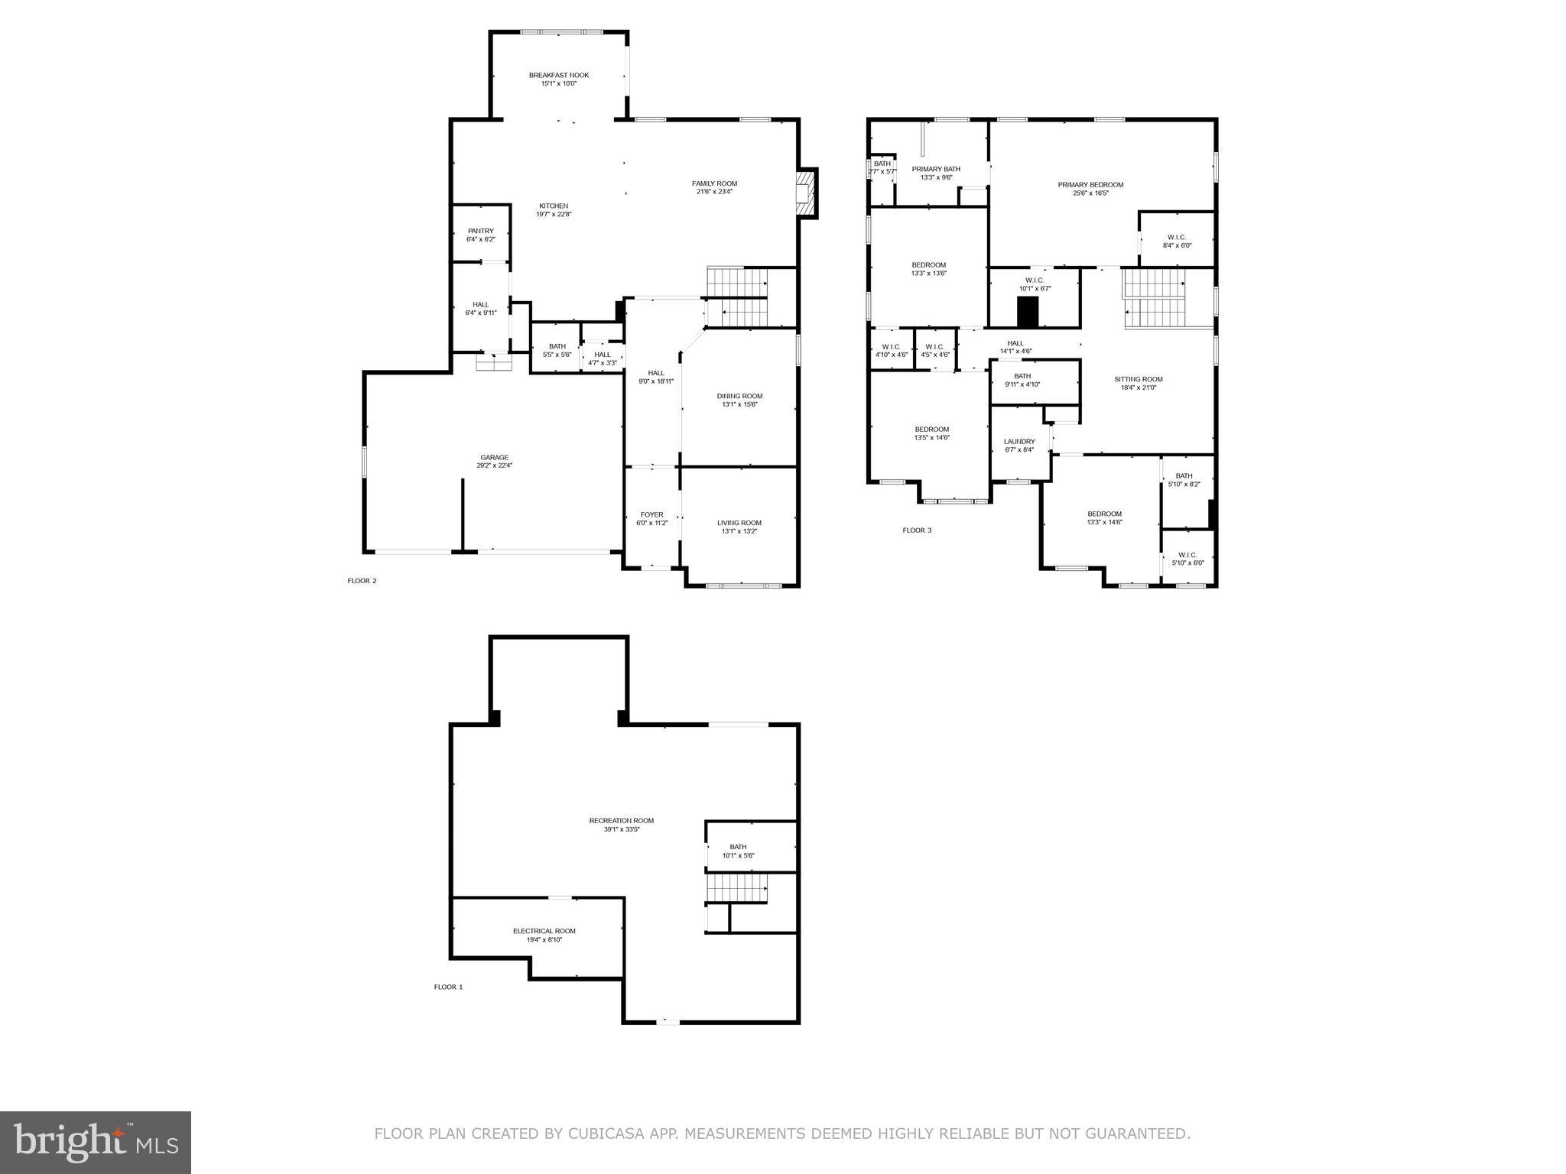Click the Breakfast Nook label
coord(558,75)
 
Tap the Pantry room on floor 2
coord(481,235)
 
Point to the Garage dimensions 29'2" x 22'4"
coord(494,465)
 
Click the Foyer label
coord(651,514)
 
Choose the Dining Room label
coord(739,396)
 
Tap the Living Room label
coord(739,523)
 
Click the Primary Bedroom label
coord(1090,184)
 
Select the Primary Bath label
coord(936,169)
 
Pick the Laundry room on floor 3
coord(1019,446)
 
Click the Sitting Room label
coord(1138,379)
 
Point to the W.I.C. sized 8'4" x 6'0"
coord(1177,241)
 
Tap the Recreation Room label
coord(621,821)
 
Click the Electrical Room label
coord(544,931)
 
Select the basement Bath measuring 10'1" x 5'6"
coord(739,851)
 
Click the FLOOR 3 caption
coord(917,530)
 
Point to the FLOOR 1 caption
coord(448,987)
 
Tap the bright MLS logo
coord(96,1142)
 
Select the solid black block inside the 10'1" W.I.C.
coord(1028,312)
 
